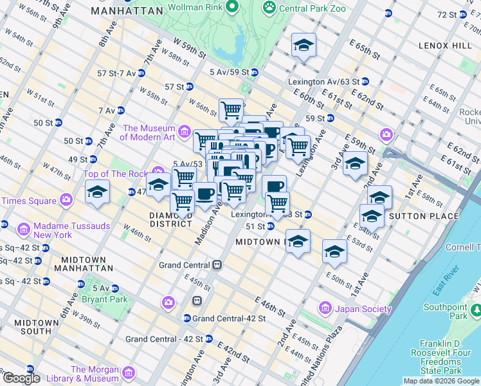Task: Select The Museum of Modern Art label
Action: (149, 133)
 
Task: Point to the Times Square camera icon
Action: (66, 201)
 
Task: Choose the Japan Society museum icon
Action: (325, 309)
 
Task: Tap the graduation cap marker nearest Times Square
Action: (98, 192)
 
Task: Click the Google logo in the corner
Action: (21, 378)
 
